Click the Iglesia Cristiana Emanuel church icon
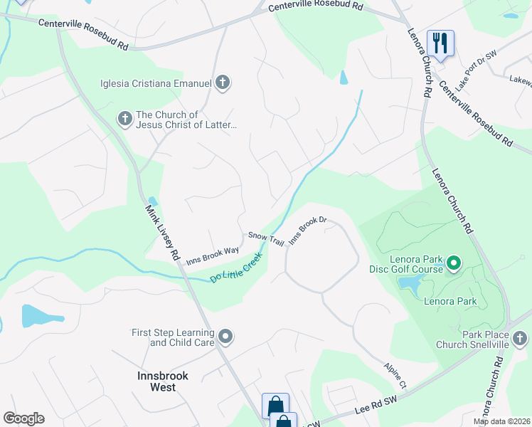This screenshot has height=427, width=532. (x=223, y=83)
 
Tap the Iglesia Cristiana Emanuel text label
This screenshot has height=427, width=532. (x=156, y=84)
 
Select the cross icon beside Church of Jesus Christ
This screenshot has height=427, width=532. (x=124, y=119)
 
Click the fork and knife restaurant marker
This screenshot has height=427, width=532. (x=440, y=43)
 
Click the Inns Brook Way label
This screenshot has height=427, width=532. (x=213, y=255)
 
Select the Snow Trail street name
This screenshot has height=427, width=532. (x=266, y=238)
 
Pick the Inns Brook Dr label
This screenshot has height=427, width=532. (x=307, y=230)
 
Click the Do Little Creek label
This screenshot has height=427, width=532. (x=237, y=266)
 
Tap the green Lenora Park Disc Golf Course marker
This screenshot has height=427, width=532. (x=453, y=264)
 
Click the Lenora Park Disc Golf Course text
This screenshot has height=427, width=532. (x=406, y=263)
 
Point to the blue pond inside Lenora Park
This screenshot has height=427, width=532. (x=409, y=284)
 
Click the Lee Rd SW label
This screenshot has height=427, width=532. (x=375, y=408)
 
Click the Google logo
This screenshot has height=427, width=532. (x=23, y=418)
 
